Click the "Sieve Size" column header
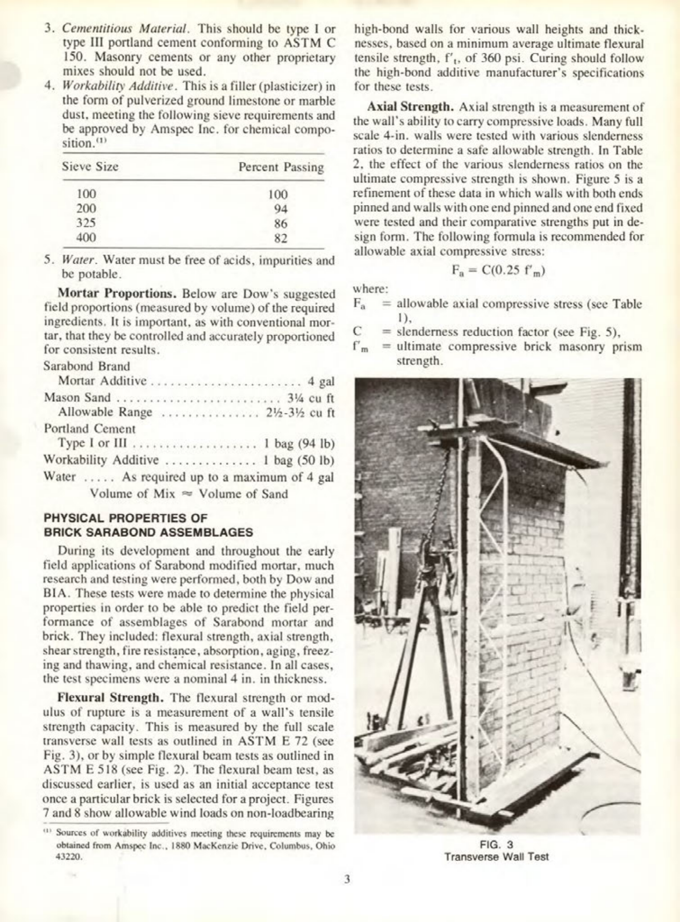[90, 167]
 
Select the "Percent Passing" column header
[281, 168]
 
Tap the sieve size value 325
[86, 223]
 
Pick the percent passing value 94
[280, 209]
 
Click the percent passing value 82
[280, 238]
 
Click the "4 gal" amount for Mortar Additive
[321, 381]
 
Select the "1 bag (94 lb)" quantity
[298, 444]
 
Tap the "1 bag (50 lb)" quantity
[298, 460]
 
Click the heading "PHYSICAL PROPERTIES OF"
[126, 518]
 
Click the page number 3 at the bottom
[347, 880]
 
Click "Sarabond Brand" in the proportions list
[87, 366]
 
